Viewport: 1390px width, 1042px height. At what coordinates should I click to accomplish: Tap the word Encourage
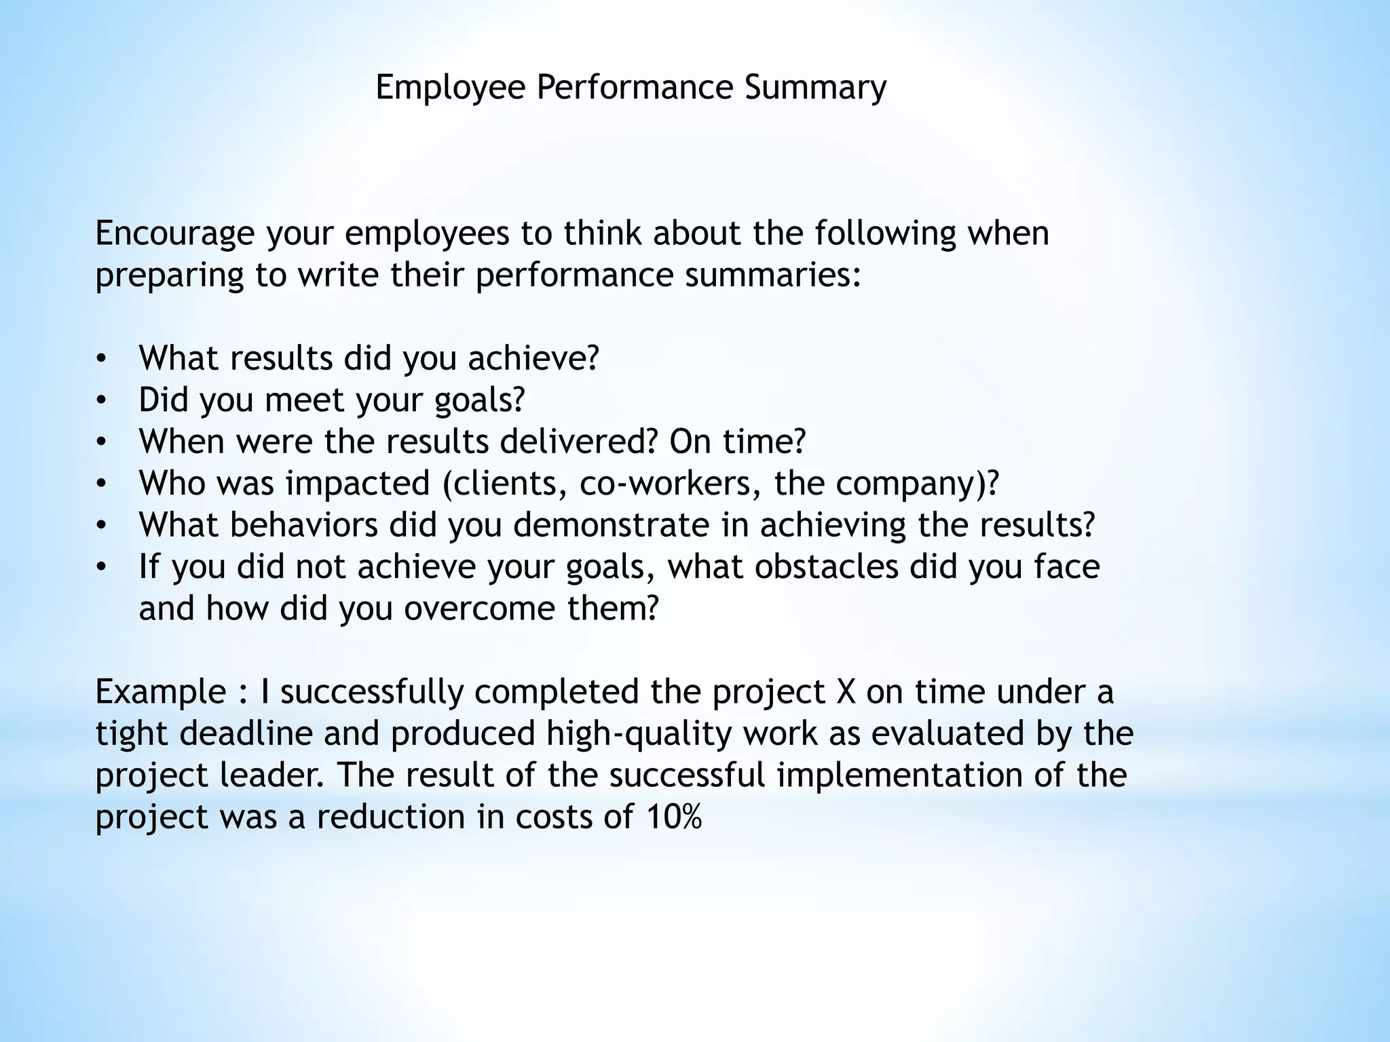pyautogui.click(x=174, y=234)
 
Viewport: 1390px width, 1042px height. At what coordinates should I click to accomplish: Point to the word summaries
pyautogui.click(x=772, y=275)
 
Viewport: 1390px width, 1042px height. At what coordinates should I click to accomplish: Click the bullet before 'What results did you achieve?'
pyautogui.click(x=101, y=359)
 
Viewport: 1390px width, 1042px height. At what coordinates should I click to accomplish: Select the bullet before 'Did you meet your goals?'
pyautogui.click(x=101, y=400)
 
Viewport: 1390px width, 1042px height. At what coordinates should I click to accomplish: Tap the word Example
pyautogui.click(x=160, y=692)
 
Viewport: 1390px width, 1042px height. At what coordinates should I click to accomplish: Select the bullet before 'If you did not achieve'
pyautogui.click(x=101, y=567)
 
